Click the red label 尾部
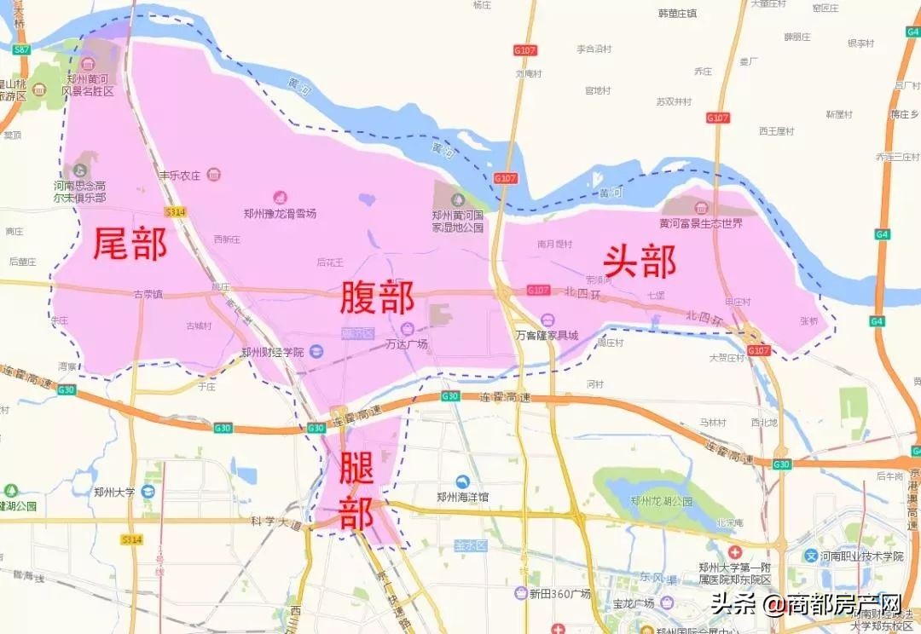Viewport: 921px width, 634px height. [x=130, y=244]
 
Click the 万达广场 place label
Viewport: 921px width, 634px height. [x=406, y=344]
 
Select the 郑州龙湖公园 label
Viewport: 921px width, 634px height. [x=658, y=501]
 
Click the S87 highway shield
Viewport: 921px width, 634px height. [x=21, y=50]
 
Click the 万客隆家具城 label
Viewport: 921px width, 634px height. [x=547, y=335]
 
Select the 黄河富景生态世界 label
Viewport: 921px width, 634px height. [x=700, y=222]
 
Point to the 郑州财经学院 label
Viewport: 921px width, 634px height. [x=272, y=351]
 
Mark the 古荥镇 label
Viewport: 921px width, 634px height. [x=148, y=294]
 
